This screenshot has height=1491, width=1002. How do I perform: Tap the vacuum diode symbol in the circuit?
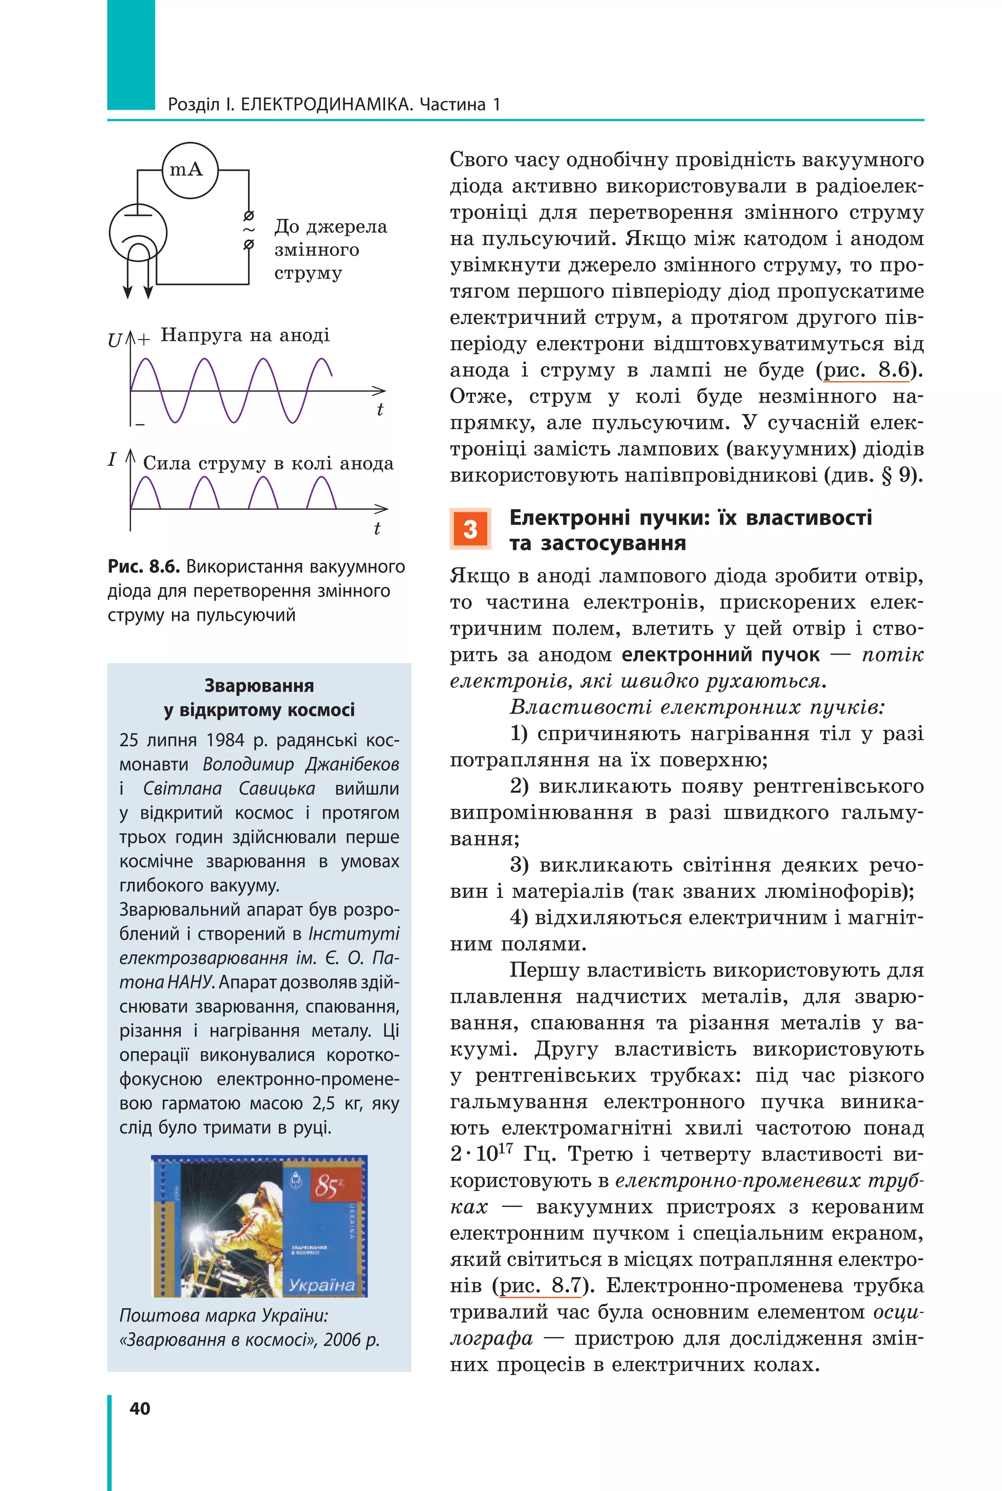pos(138,234)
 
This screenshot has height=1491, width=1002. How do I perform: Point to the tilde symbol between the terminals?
pos(249,229)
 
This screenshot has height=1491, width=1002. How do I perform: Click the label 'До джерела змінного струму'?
pos(330,249)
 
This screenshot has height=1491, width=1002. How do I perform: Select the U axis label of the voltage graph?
pos(114,341)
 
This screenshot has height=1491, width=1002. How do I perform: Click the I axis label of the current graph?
pos(113,459)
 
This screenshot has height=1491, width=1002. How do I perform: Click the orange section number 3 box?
pos(470,528)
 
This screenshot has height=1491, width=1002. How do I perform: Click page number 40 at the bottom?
pos(140,1408)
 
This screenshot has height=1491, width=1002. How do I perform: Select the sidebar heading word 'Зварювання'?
pos(259,686)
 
